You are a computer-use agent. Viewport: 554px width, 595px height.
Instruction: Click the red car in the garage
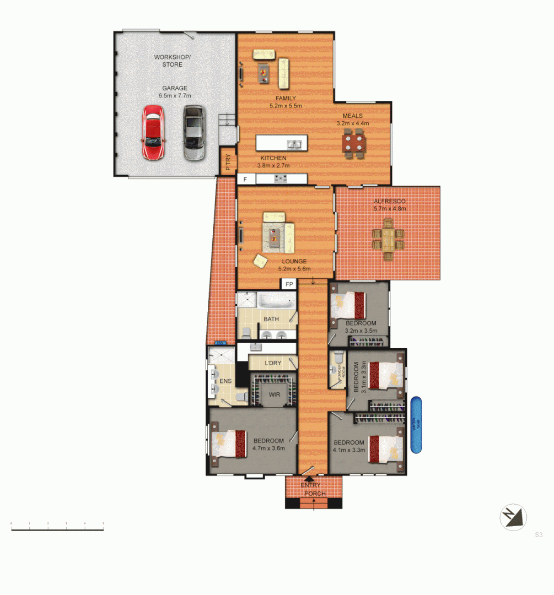[153, 132]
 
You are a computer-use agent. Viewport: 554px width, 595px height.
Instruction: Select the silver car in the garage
[193, 132]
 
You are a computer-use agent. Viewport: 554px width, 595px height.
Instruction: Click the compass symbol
[513, 518]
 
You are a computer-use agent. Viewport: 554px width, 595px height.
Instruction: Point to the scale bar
[57, 529]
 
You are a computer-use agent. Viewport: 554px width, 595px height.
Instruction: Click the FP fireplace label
[289, 285]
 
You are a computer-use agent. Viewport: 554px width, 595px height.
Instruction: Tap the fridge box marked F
[245, 178]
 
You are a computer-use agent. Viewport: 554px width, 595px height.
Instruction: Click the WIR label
[274, 395]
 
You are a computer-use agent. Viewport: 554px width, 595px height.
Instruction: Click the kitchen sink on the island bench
[294, 145]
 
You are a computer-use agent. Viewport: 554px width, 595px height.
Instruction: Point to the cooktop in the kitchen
[281, 178]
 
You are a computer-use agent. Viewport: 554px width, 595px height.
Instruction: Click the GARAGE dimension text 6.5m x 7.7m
[174, 96]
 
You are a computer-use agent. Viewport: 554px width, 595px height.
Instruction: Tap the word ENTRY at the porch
[310, 485]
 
